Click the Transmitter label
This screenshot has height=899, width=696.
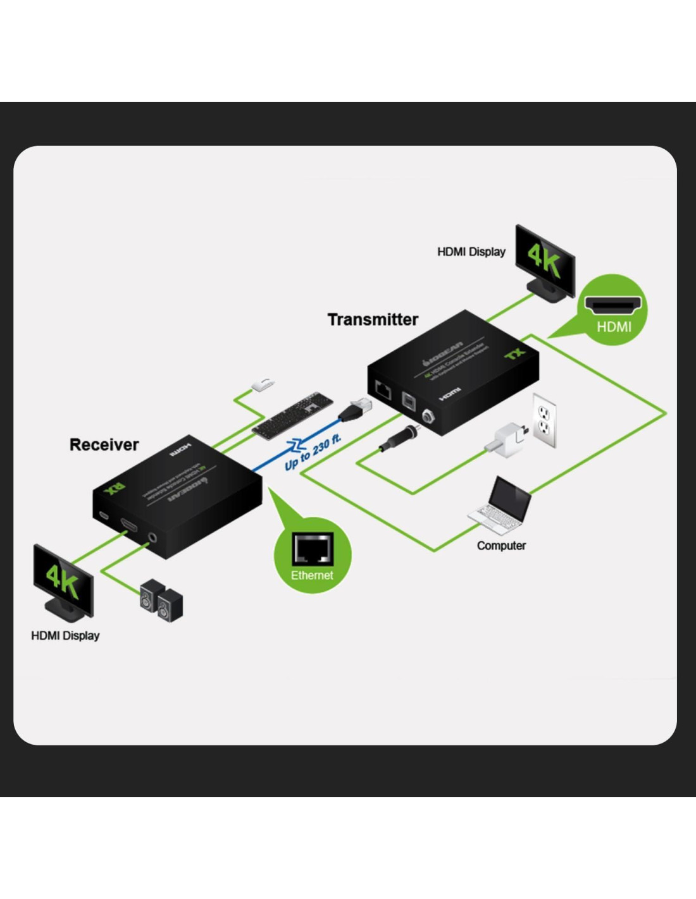pos(373,320)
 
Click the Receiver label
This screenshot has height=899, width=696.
pos(104,445)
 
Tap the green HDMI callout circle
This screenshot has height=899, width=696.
pos(612,310)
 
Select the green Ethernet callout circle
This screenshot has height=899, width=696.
pos(312,556)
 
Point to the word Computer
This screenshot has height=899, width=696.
pos(501,546)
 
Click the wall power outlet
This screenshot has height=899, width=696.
pos(544,420)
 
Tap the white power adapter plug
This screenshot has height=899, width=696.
pos(507,440)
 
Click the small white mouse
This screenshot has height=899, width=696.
pos(263,384)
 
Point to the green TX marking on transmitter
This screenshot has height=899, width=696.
pos(515,354)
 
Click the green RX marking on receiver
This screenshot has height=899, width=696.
pos(115,489)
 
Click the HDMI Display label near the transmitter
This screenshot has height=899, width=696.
pos(471,252)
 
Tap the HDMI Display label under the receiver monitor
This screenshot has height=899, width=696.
pos(65,635)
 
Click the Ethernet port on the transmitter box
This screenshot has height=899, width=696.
pos(383,389)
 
